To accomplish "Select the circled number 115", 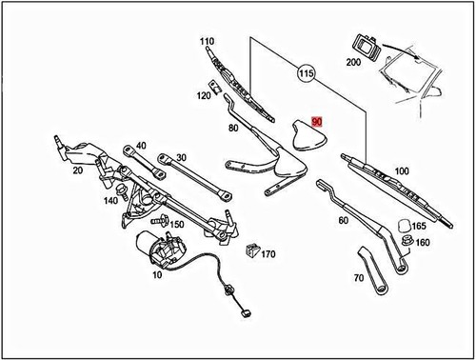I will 306,73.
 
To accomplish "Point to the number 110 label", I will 208,42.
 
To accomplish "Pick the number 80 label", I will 233,128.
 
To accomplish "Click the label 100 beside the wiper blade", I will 401,170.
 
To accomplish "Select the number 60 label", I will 343,222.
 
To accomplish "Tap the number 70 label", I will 358,279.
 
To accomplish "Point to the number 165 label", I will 418,228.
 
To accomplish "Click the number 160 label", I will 423,244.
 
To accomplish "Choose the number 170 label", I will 268,254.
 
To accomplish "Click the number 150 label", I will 177,224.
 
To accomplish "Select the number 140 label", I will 110,201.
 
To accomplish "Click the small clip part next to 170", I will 251,252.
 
